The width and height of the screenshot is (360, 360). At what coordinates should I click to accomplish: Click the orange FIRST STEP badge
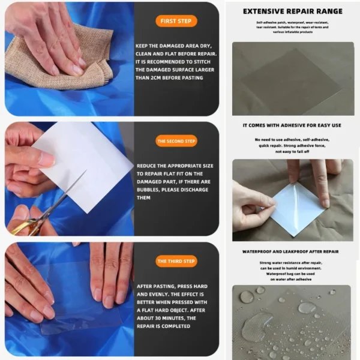click(176, 21)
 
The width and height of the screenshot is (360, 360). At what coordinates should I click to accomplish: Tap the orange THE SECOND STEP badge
click(176, 142)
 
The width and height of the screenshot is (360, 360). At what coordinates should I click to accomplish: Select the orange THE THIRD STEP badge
click(176, 262)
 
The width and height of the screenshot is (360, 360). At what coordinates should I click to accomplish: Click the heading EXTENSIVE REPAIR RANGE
click(292, 11)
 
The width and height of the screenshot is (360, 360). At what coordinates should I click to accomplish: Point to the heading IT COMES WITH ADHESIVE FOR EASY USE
click(292, 125)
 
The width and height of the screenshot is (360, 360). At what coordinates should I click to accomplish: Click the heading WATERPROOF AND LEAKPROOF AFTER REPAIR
click(291, 252)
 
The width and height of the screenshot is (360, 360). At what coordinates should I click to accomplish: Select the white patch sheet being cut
click(87, 162)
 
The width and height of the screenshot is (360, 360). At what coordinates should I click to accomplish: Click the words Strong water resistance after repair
click(291, 263)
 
